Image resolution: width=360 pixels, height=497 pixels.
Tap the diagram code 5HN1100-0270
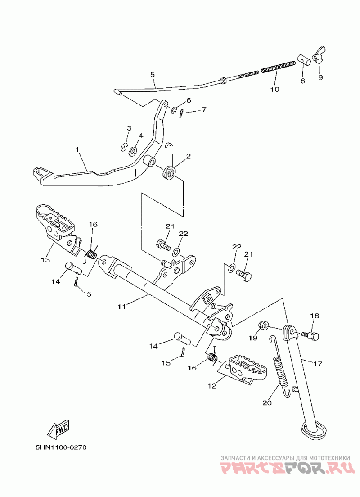[61, 448]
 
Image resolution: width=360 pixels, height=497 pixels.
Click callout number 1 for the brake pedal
[78, 149]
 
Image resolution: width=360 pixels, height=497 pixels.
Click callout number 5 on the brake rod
[153, 75]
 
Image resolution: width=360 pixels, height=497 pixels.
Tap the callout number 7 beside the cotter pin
[204, 110]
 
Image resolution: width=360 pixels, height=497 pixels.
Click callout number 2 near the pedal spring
[188, 156]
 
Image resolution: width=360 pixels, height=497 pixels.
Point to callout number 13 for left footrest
[45, 260]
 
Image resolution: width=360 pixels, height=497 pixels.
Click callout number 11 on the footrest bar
[122, 307]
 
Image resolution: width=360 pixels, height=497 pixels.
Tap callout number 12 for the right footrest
[212, 386]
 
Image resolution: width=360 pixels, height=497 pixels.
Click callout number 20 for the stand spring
[267, 403]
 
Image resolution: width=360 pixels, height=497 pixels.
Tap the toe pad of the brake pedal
[43, 175]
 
